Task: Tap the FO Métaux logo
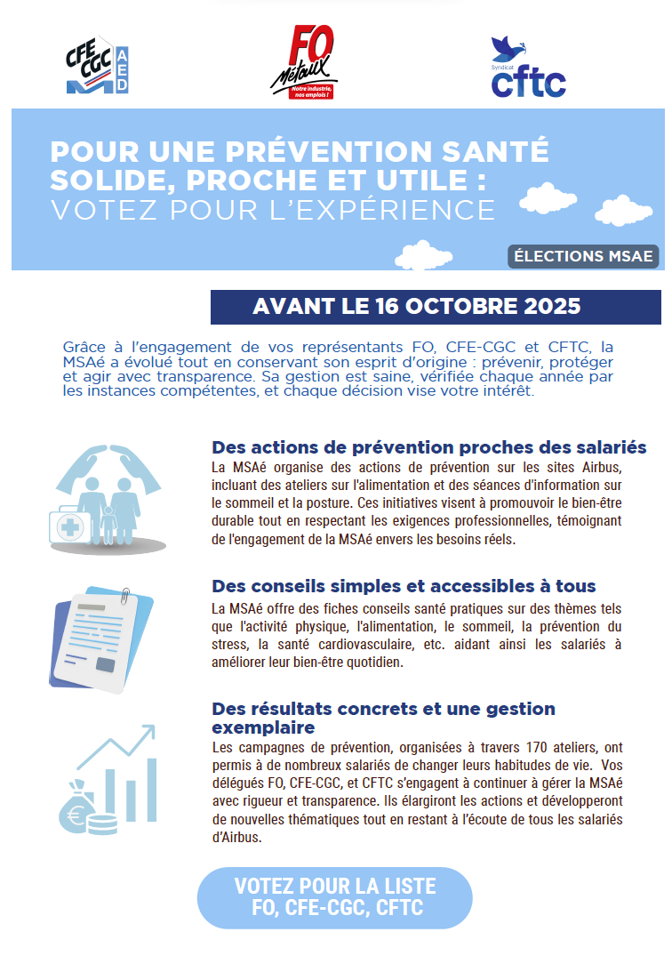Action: (x=304, y=61)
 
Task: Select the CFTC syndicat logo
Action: (x=528, y=68)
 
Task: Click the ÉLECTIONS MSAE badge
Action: (x=583, y=257)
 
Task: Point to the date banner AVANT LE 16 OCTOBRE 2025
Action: (x=436, y=307)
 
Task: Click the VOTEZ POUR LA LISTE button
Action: (x=335, y=897)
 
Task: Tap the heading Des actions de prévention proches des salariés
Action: (x=428, y=447)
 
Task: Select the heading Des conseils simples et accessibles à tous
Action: (x=404, y=587)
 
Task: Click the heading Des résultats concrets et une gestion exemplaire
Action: (x=383, y=718)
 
